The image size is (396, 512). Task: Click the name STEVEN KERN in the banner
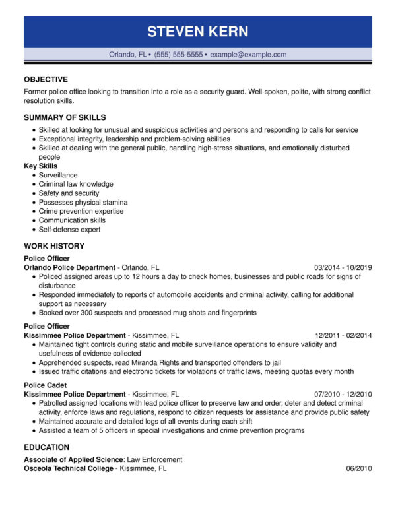(197, 32)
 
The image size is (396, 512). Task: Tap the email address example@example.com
(248, 55)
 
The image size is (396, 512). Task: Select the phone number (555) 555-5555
(178, 55)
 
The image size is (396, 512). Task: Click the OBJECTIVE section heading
(46, 79)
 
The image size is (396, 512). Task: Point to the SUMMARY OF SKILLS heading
(65, 117)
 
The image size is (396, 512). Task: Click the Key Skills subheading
(40, 166)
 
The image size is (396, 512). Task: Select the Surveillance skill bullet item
(58, 176)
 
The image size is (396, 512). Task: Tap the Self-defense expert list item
(69, 230)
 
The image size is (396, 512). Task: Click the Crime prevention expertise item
(81, 211)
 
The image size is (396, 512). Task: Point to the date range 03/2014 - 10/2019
(343, 267)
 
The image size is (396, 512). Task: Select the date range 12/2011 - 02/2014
(343, 335)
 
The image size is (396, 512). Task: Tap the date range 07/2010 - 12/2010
(343, 394)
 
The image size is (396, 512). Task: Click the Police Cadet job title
(44, 385)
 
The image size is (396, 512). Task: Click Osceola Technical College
(69, 468)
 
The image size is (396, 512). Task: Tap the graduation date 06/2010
(359, 468)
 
